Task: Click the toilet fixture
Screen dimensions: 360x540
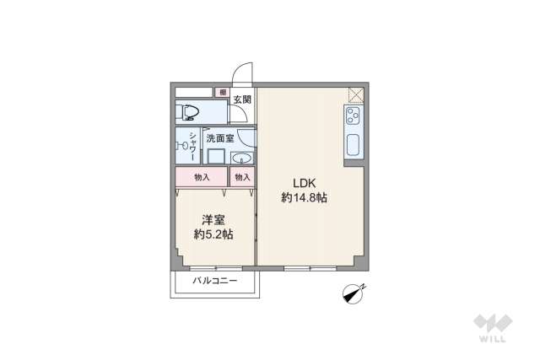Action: pyautogui.click(x=189, y=111)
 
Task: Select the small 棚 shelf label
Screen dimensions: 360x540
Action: pyautogui.click(x=223, y=94)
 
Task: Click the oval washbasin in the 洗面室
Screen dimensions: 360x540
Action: pyautogui.click(x=242, y=158)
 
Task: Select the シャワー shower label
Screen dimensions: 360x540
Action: pyautogui.click(x=193, y=146)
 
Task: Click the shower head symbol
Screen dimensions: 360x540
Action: pyautogui.click(x=181, y=146)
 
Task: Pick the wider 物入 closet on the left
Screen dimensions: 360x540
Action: pyautogui.click(x=202, y=178)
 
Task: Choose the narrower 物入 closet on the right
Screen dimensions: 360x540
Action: pyautogui.click(x=243, y=178)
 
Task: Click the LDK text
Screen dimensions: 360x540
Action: pyautogui.click(x=304, y=182)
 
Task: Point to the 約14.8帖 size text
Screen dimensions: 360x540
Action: pyautogui.click(x=304, y=198)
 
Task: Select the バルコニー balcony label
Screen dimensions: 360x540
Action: pyautogui.click(x=214, y=281)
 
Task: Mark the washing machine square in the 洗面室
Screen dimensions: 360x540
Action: pyautogui.click(x=216, y=157)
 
